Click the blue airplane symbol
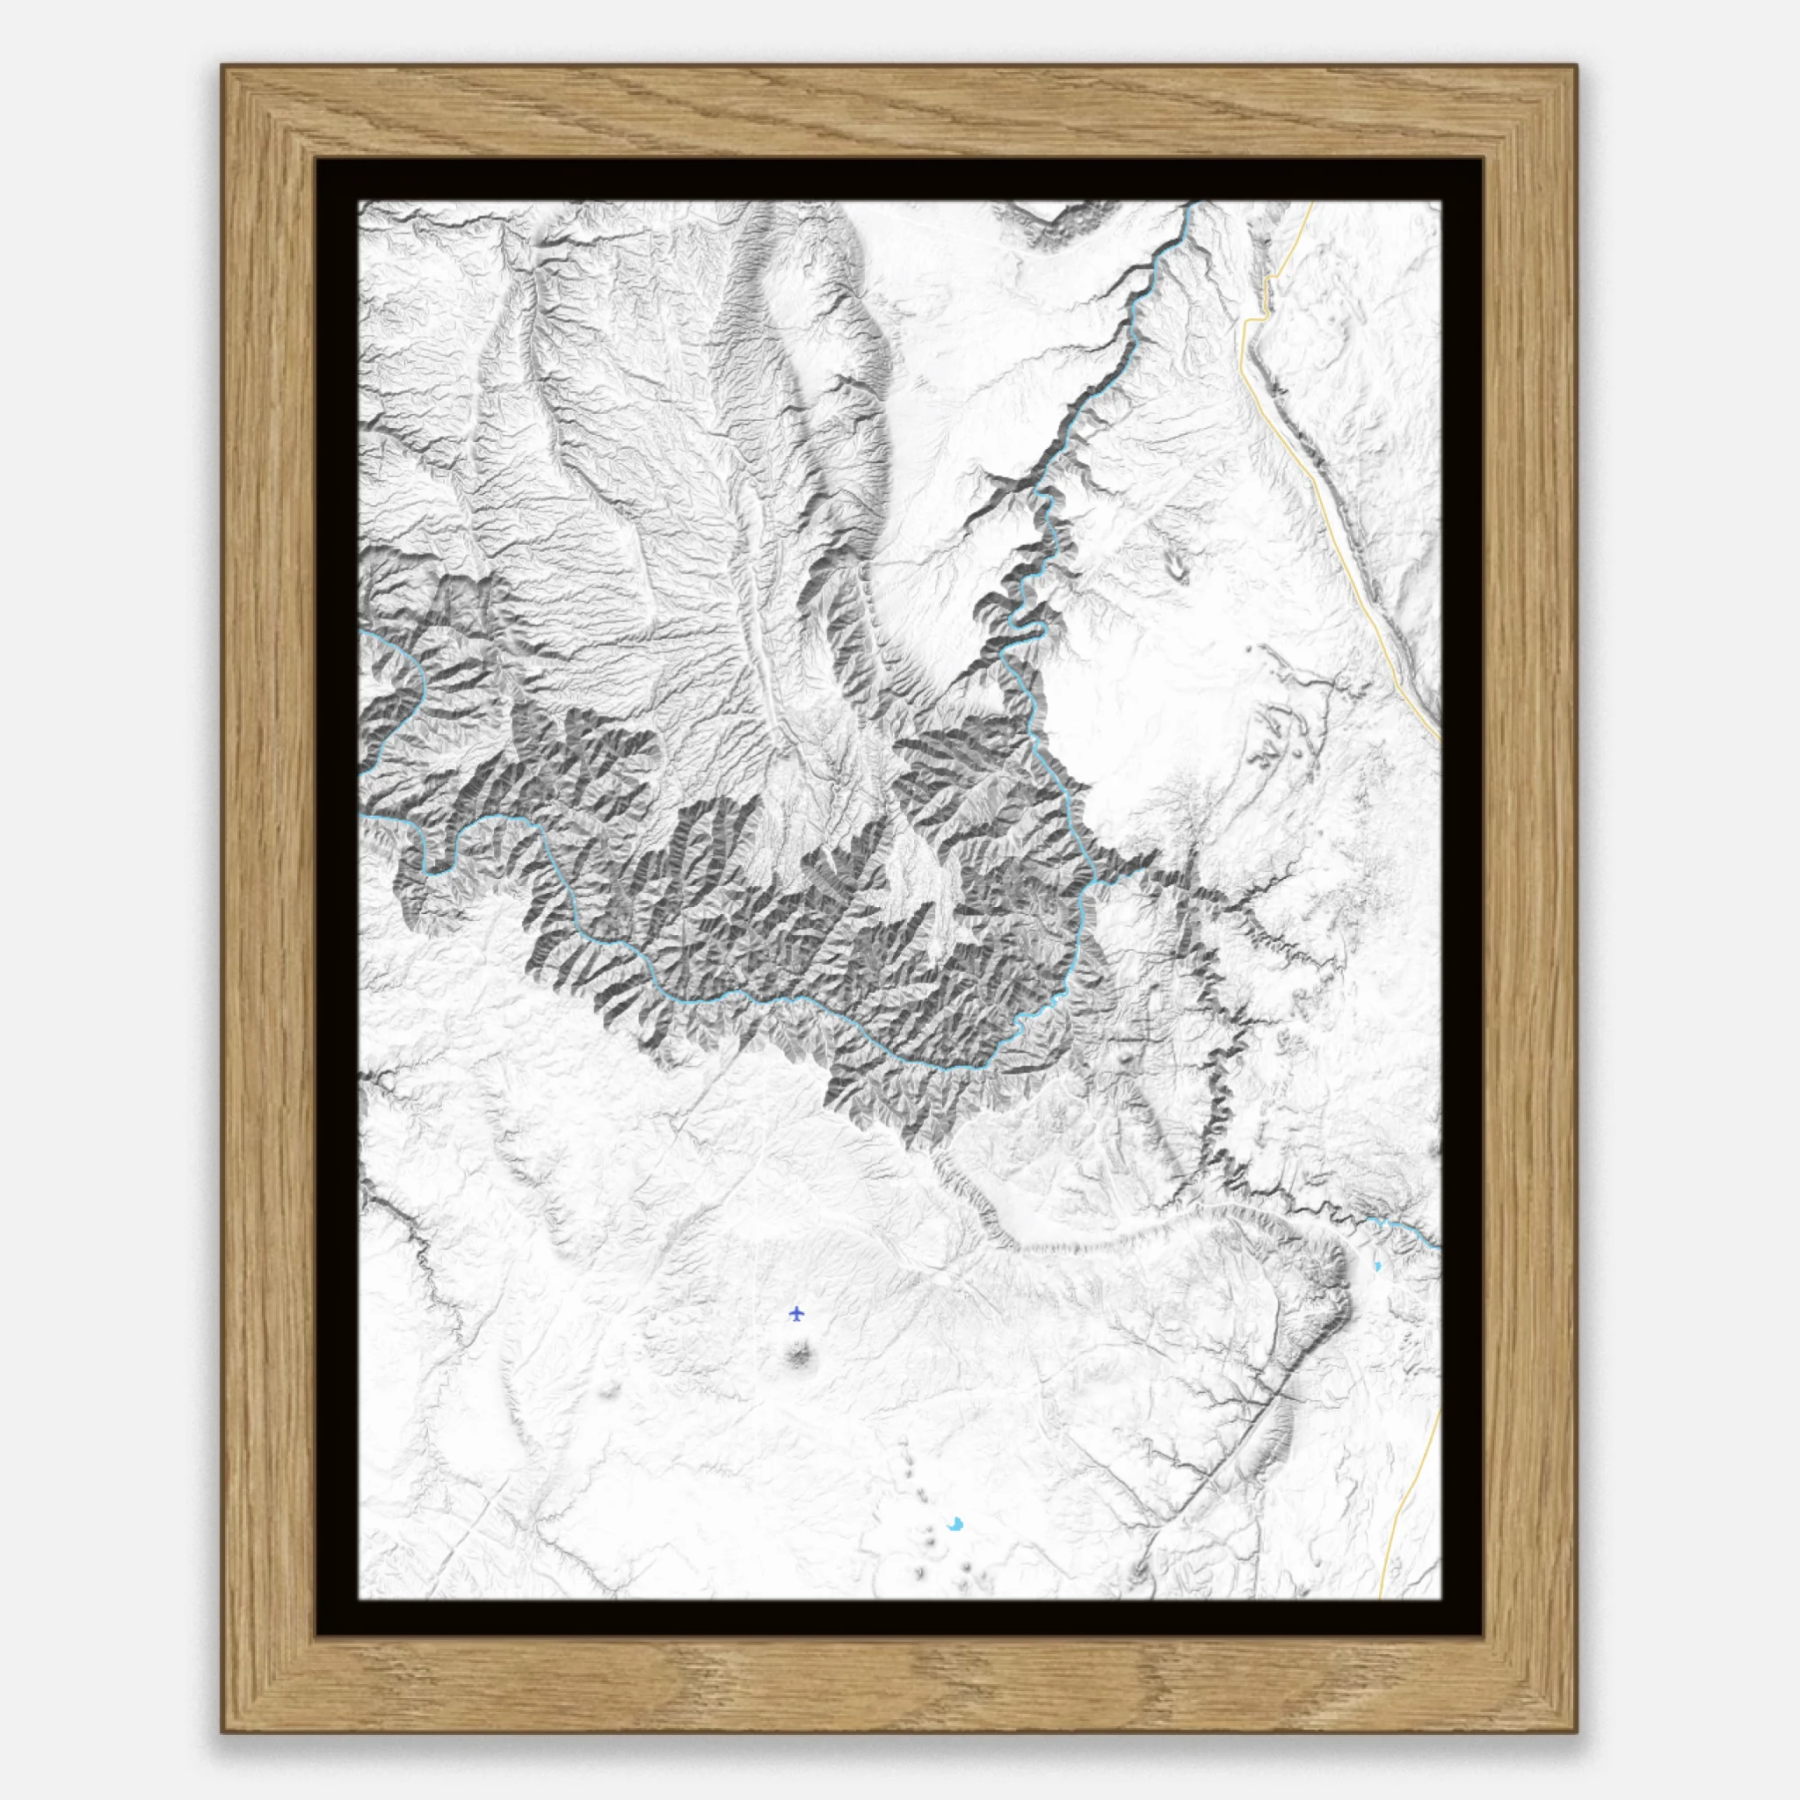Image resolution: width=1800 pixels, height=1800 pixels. tap(795, 1314)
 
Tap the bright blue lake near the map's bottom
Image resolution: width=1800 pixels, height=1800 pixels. tap(955, 1550)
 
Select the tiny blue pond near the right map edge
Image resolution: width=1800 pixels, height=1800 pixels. tap(1377, 1267)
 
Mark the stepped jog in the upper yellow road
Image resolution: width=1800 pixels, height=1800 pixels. tap(1255, 319)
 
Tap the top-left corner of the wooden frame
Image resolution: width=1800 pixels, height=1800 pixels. tap(222, 66)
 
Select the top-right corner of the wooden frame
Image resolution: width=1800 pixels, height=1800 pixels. tap(1577, 66)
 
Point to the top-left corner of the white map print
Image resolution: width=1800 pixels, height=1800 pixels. tap(360, 202)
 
